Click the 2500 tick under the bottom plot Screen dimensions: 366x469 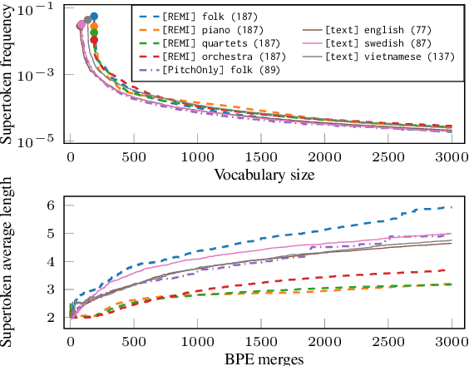tap(388, 342)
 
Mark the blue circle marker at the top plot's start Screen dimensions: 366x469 tap(94, 16)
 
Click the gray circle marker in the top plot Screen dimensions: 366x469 tap(87, 19)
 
